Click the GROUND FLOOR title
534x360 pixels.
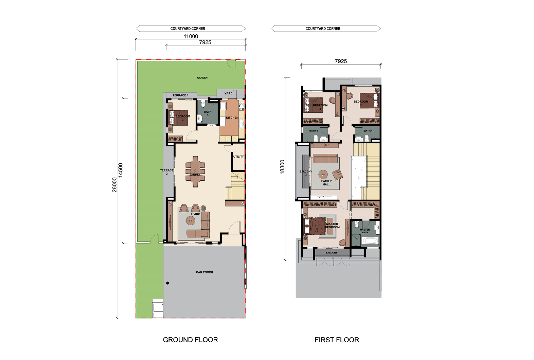[x=190, y=340]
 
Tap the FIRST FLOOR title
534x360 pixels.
[x=337, y=340]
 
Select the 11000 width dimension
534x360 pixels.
[x=191, y=36]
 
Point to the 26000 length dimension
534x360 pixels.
[x=114, y=184]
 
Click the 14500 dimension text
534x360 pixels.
[x=120, y=170]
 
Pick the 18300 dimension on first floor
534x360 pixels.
[x=282, y=167]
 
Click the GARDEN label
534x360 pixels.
[x=202, y=78]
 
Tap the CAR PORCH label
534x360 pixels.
[x=204, y=272]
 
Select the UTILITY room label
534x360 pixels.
[x=238, y=157]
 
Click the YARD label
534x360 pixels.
[x=228, y=93]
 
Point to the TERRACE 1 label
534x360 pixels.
[x=180, y=95]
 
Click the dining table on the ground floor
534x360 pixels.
[x=195, y=172]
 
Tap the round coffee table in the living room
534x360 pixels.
[x=191, y=221]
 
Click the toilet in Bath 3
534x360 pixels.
[x=203, y=104]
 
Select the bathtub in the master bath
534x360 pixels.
[x=370, y=240]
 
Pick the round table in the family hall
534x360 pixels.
[x=323, y=175]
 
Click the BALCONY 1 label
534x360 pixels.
[x=332, y=252]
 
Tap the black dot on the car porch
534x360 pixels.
[x=167, y=283]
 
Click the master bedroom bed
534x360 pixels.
[x=315, y=226]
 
